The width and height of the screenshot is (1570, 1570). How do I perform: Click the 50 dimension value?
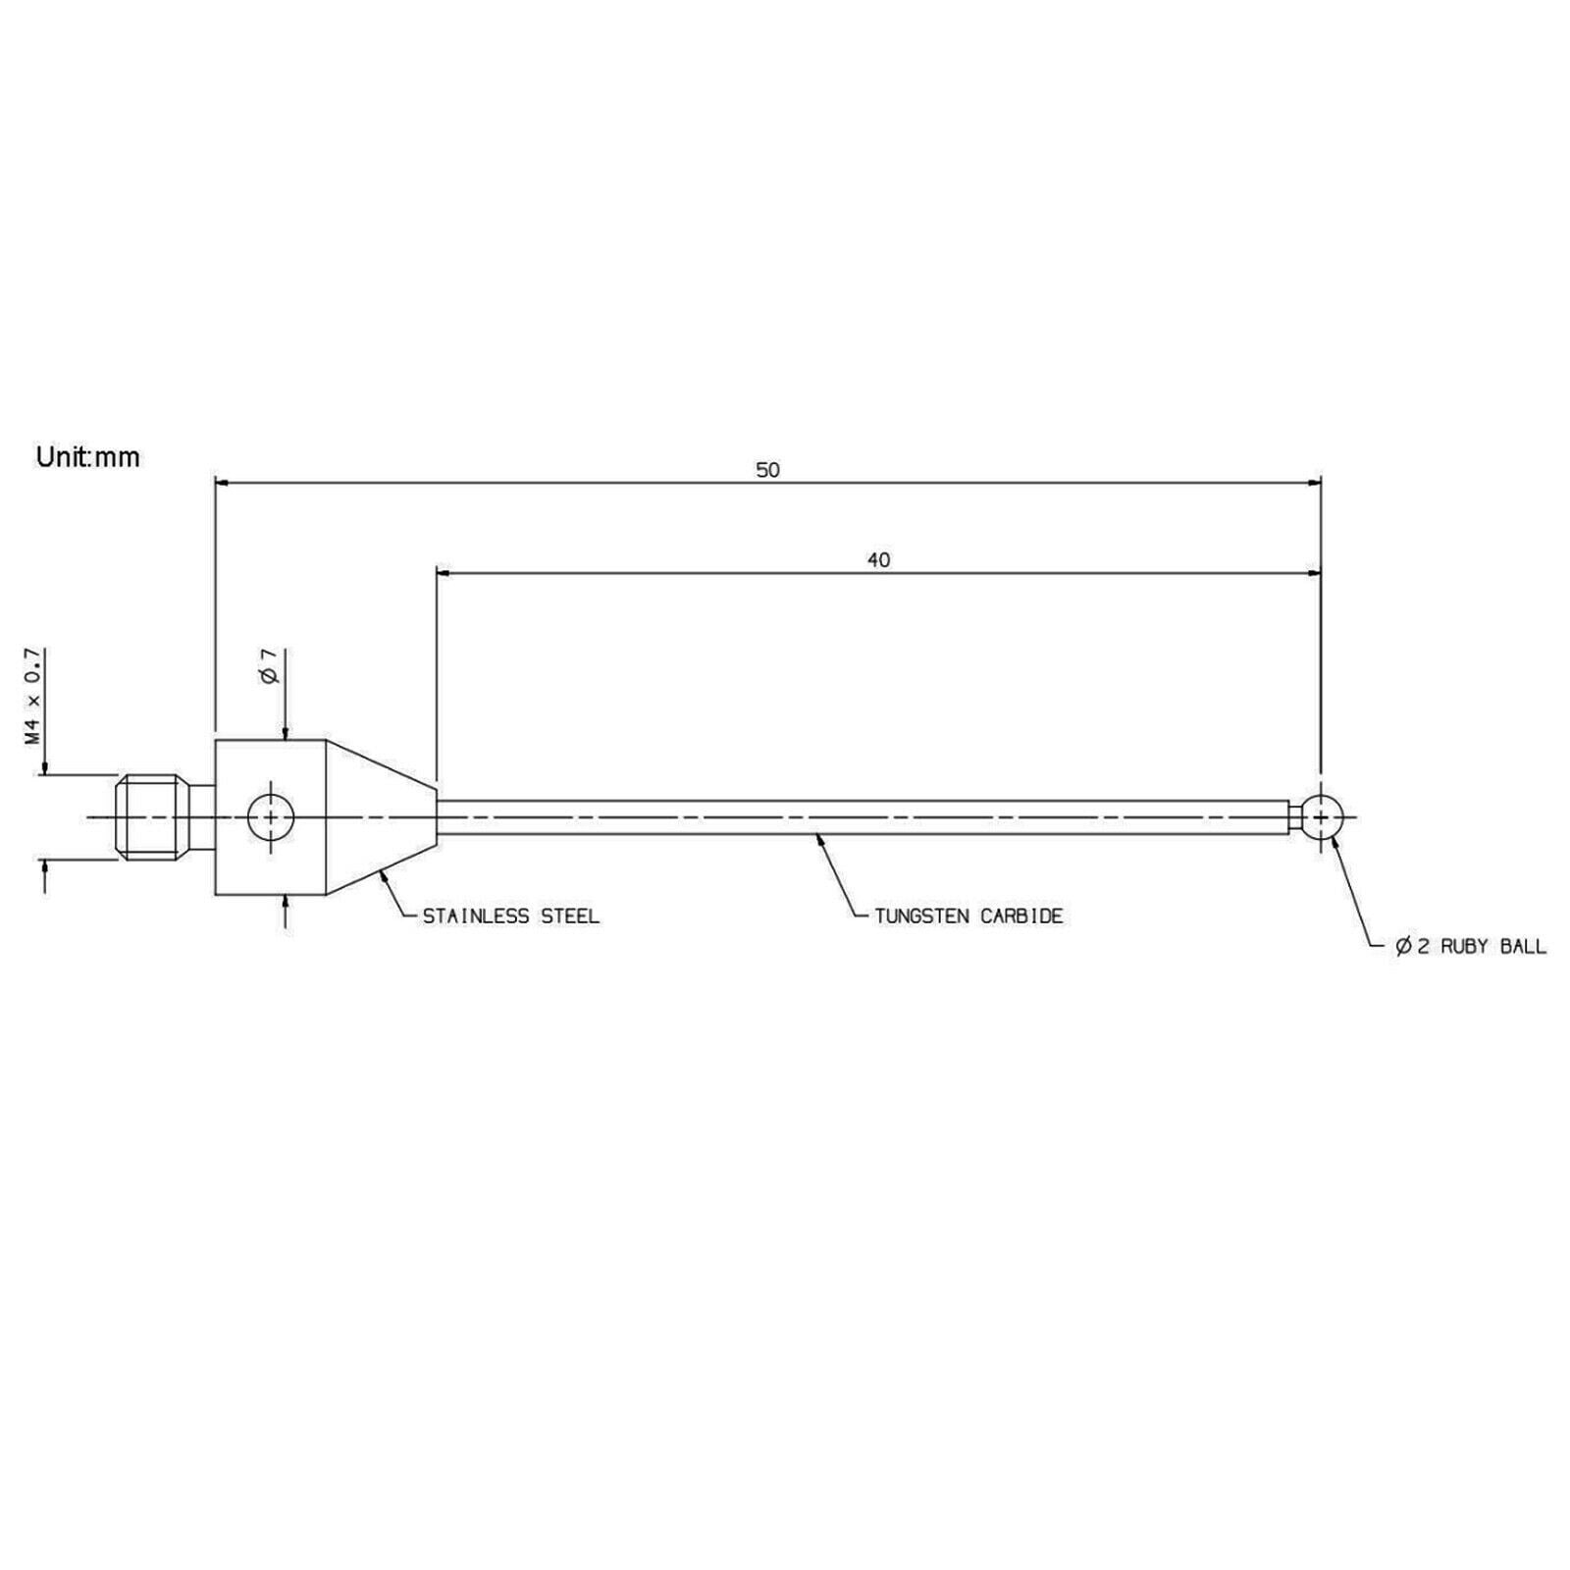pos(767,470)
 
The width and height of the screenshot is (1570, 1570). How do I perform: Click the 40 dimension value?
pos(879,560)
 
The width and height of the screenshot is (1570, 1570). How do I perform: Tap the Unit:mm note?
pos(88,457)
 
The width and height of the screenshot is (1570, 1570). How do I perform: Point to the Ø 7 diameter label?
pos(270,667)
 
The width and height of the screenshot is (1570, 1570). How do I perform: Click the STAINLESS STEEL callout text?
pos(510,916)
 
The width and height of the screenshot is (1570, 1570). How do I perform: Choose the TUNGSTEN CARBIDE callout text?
pos(969,916)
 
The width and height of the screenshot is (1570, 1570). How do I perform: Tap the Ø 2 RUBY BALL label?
pos(1471,947)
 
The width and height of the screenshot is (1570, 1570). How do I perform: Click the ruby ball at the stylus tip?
pos(1322,816)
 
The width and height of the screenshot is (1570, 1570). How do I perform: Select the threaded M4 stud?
pos(153,816)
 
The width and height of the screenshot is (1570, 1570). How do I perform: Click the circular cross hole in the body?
pos(270,816)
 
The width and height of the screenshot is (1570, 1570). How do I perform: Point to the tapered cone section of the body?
pos(381,816)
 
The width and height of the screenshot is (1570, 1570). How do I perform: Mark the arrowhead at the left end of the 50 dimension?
pos(222,482)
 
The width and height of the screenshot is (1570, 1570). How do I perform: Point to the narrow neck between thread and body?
pos(203,816)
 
